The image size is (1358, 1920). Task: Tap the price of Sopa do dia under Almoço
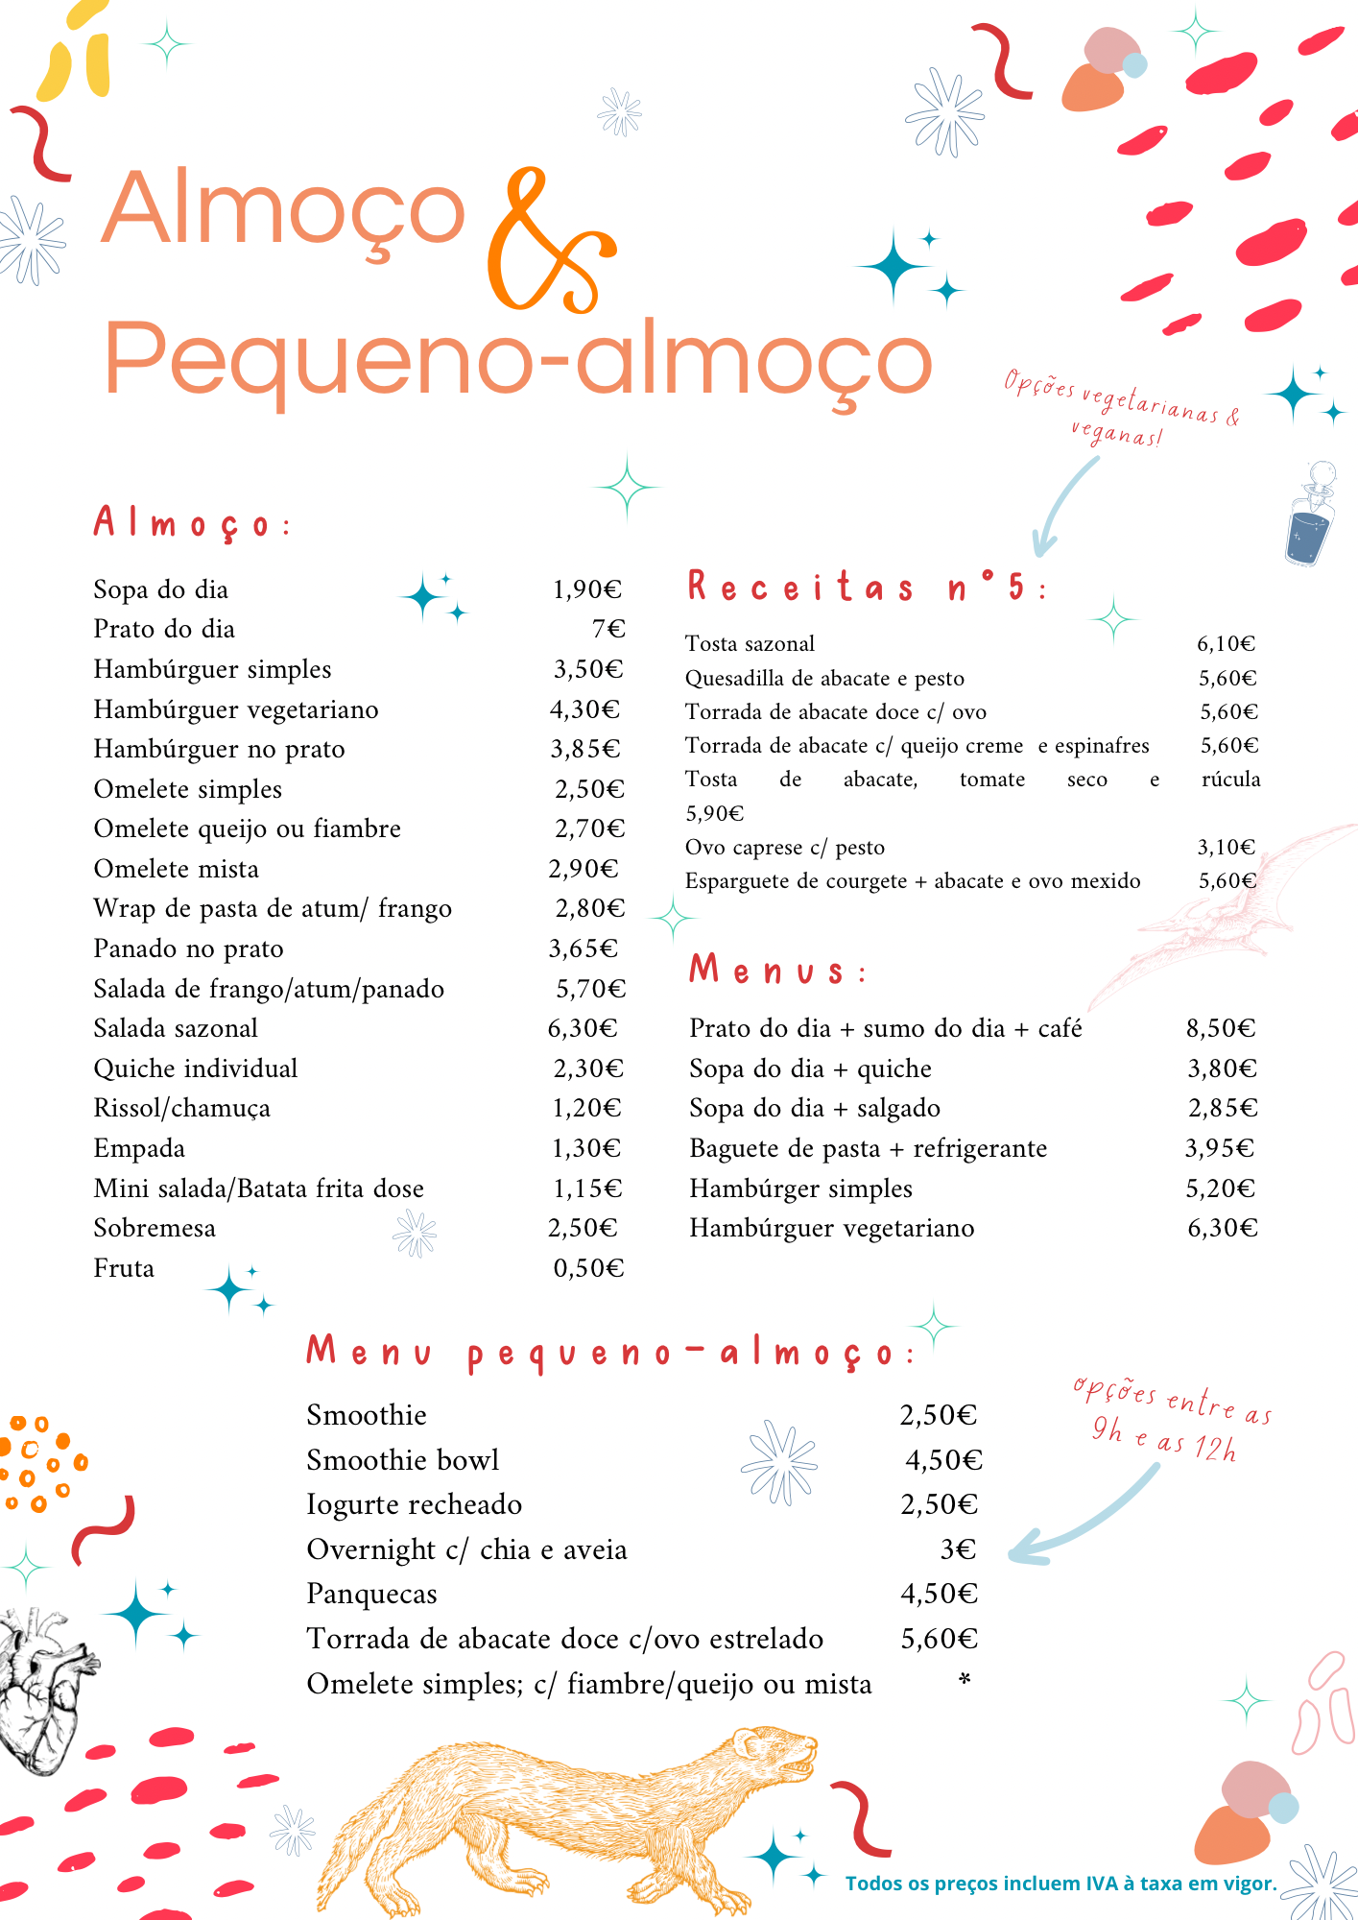click(x=587, y=589)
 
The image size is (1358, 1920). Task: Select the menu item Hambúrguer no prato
click(x=219, y=749)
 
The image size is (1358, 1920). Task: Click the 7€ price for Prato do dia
click(x=608, y=629)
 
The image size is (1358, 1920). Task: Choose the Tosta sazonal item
click(x=750, y=644)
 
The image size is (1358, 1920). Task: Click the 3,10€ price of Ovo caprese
click(x=1226, y=847)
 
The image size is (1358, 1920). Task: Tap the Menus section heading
click(x=777, y=971)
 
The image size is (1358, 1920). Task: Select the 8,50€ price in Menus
click(x=1220, y=1029)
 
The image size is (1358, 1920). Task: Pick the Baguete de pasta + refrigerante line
click(x=868, y=1149)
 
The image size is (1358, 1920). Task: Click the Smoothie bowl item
click(x=402, y=1460)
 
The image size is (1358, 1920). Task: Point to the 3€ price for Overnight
click(x=957, y=1549)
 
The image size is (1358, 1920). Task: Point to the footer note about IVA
click(x=1060, y=1884)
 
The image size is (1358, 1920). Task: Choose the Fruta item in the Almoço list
click(x=124, y=1269)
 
